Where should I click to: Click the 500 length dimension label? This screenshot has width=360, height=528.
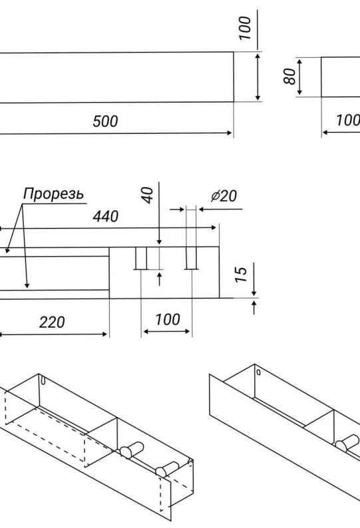(105, 121)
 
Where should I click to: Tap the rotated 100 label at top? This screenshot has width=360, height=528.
(246, 29)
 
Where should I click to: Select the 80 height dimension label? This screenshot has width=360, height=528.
(289, 76)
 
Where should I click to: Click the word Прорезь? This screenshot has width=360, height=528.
(53, 194)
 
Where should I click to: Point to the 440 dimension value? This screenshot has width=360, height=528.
(106, 217)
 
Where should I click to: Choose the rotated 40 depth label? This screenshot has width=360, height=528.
(147, 196)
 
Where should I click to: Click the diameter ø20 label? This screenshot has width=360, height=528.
(224, 196)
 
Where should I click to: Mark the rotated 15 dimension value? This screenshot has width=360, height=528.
(242, 275)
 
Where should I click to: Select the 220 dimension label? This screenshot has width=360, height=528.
(52, 323)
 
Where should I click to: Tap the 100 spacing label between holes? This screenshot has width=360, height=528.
(168, 320)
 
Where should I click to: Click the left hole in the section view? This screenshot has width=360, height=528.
(141, 258)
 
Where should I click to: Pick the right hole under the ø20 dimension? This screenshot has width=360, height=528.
(191, 258)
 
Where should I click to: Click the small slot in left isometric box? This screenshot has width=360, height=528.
(43, 380)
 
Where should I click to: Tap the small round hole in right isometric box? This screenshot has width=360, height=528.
(259, 372)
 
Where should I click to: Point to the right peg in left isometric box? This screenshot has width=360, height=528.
(166, 468)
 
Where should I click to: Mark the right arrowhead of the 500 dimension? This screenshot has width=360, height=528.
(230, 133)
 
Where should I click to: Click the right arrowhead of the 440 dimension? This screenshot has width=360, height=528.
(214, 227)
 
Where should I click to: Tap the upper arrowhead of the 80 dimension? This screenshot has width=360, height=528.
(299, 61)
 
